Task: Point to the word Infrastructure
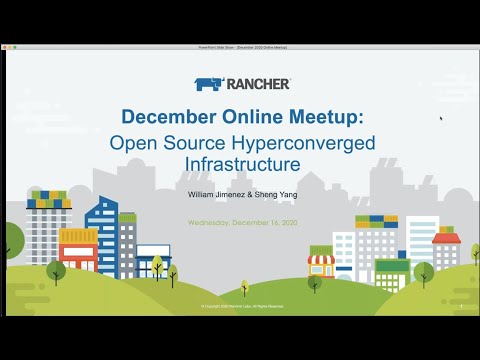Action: click(240, 163)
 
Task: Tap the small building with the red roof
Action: click(446, 249)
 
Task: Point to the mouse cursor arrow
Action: click(441, 119)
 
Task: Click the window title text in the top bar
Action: click(240, 47)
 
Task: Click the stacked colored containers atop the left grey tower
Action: click(47, 197)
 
